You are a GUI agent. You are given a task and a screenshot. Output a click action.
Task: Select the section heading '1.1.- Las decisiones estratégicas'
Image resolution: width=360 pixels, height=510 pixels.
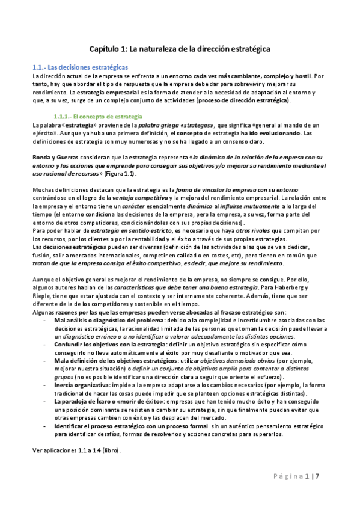click(x=79, y=67)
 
